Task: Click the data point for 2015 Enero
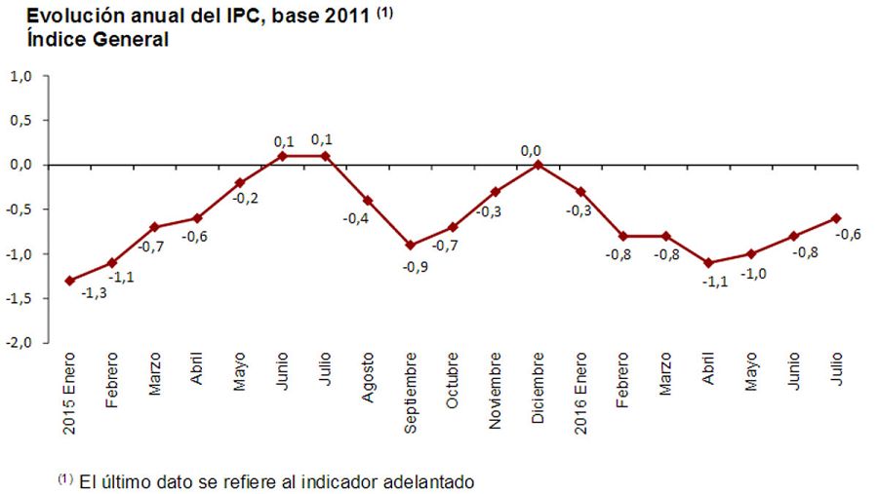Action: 69,281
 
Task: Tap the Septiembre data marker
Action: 411,245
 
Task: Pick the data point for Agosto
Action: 368,200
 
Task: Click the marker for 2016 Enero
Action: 581,191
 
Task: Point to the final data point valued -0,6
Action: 836,217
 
